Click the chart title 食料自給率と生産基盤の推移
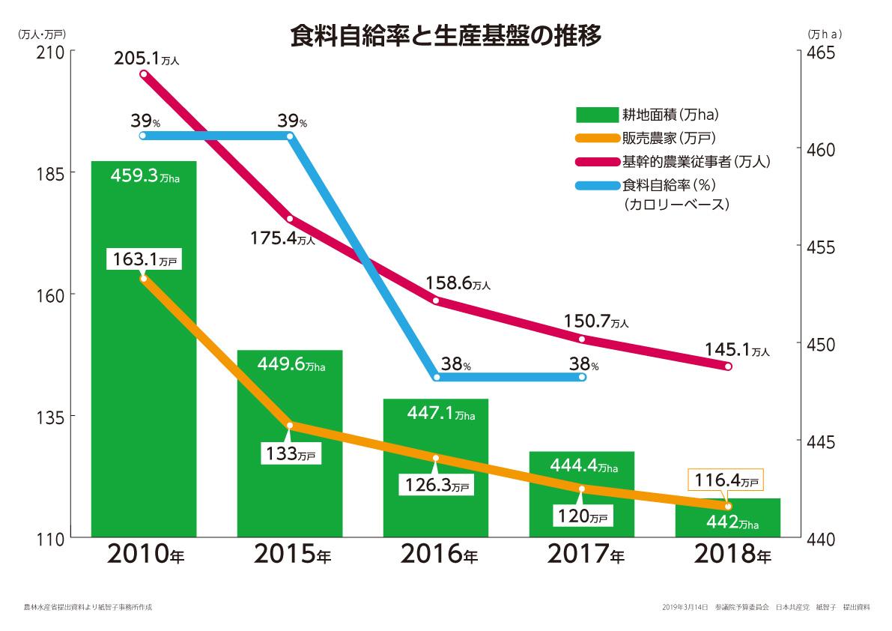pyautogui.click(x=446, y=35)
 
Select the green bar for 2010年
pyautogui.click(x=144, y=375)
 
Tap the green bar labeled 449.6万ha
pyautogui.click(x=290, y=450)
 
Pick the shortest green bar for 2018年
pyautogui.click(x=728, y=521)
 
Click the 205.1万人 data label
pyautogui.click(x=147, y=58)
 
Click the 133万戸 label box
pyautogui.click(x=291, y=453)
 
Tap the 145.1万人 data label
pyautogui.click(x=737, y=348)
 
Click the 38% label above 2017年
pyautogui.click(x=583, y=365)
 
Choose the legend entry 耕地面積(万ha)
pyautogui.click(x=648, y=115)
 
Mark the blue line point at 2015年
pyautogui.click(x=290, y=136)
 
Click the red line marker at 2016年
pyautogui.click(x=436, y=300)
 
